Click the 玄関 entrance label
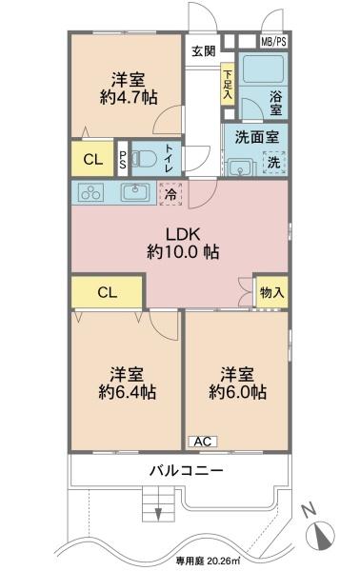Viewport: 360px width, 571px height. (x=204, y=51)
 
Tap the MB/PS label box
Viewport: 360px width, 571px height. (x=273, y=42)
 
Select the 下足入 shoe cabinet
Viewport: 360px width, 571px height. (x=228, y=84)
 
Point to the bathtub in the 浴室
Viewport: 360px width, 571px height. (x=263, y=69)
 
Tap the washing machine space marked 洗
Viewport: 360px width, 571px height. (x=274, y=163)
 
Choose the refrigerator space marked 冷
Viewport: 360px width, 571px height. (x=170, y=194)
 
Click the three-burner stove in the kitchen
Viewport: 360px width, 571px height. (x=91, y=192)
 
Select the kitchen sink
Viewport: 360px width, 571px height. (x=135, y=191)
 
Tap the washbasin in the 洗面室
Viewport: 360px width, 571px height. (x=239, y=168)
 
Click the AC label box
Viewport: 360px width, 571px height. (x=203, y=442)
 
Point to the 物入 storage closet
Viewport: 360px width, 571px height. (x=272, y=292)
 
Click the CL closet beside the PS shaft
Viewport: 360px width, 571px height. (x=93, y=159)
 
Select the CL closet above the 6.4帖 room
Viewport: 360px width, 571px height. (x=107, y=292)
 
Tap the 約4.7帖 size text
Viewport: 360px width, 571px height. (x=129, y=97)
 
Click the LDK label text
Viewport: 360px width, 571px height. (x=183, y=234)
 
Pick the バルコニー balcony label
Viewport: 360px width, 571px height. (x=187, y=470)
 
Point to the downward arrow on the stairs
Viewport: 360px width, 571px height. (x=158, y=514)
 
